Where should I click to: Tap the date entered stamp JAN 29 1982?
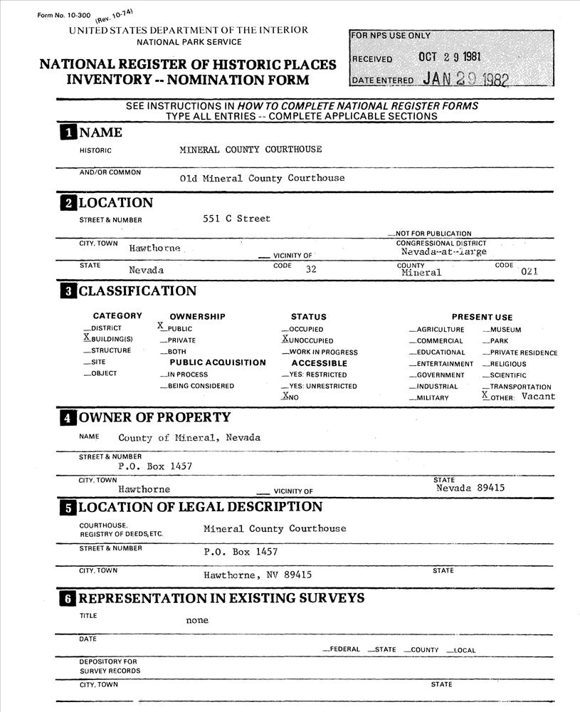[465, 79]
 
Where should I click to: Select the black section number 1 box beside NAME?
[68, 133]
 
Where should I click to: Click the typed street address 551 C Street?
[236, 219]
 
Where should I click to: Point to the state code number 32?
[310, 270]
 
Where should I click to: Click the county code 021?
[529, 271]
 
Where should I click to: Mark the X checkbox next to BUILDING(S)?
[87, 338]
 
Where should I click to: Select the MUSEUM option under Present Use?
[505, 330]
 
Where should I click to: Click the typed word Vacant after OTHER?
[538, 397]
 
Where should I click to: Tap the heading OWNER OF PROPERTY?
[154, 417]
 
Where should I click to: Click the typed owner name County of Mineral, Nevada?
[189, 438]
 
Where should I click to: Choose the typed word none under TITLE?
[197, 620]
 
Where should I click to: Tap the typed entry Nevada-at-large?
[443, 252]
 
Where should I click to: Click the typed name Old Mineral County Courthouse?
[262, 178]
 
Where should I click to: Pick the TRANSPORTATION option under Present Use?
[520, 387]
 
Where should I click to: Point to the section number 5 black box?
[68, 508]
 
